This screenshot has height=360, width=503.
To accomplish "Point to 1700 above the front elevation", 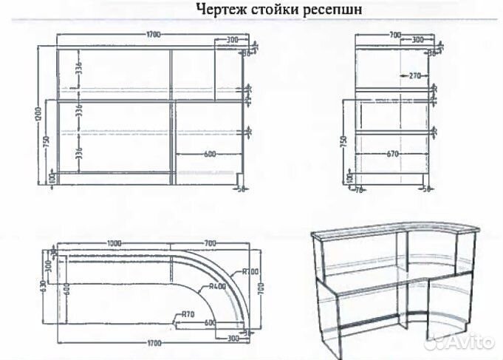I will tap(154, 35).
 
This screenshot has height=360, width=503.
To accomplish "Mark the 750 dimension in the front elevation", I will tap(47, 143).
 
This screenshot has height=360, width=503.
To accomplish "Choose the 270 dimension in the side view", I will tap(412, 75).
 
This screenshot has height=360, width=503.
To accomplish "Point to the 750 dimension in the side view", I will tap(343, 143).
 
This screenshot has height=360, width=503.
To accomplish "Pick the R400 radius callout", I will tap(217, 287).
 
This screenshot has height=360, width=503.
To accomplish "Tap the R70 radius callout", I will tap(189, 315).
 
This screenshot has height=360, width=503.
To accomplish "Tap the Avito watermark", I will tap(462, 343).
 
